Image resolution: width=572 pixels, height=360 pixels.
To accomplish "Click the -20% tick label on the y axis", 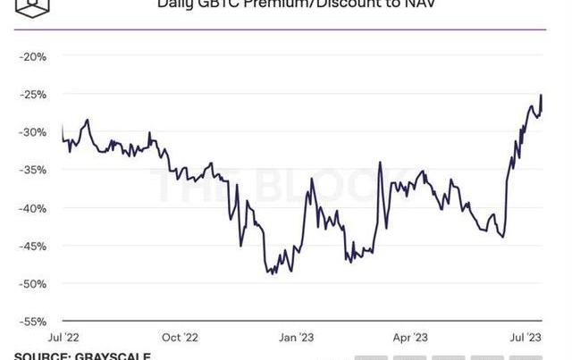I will click(34, 56).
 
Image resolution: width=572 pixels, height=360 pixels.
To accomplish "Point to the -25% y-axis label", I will click(34, 94).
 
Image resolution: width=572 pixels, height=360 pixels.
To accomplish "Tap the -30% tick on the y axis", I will click(34, 132).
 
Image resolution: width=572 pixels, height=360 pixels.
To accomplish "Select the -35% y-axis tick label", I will click(34, 170).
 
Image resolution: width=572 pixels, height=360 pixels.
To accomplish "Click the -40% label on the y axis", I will click(34, 208).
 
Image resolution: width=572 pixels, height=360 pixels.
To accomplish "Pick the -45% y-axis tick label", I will click(34, 246).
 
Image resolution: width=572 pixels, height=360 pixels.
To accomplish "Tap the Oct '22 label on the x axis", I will click(180, 338).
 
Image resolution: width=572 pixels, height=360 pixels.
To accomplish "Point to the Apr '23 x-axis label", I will click(413, 338).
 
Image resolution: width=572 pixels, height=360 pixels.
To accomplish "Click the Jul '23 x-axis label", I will click(526, 338).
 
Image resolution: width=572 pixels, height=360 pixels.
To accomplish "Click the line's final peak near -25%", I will click(542, 95).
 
